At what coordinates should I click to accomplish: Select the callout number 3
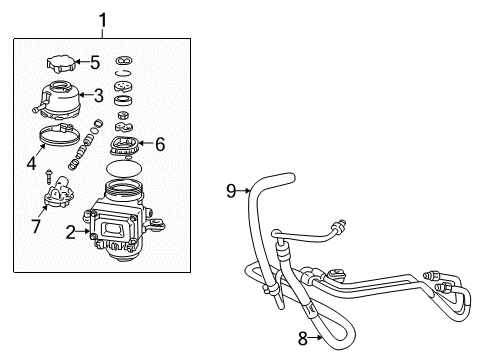coord(99,97)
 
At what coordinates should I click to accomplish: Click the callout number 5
coord(95,62)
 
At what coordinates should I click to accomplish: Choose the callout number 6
coord(159,143)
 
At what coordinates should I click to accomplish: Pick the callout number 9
coord(230,188)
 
